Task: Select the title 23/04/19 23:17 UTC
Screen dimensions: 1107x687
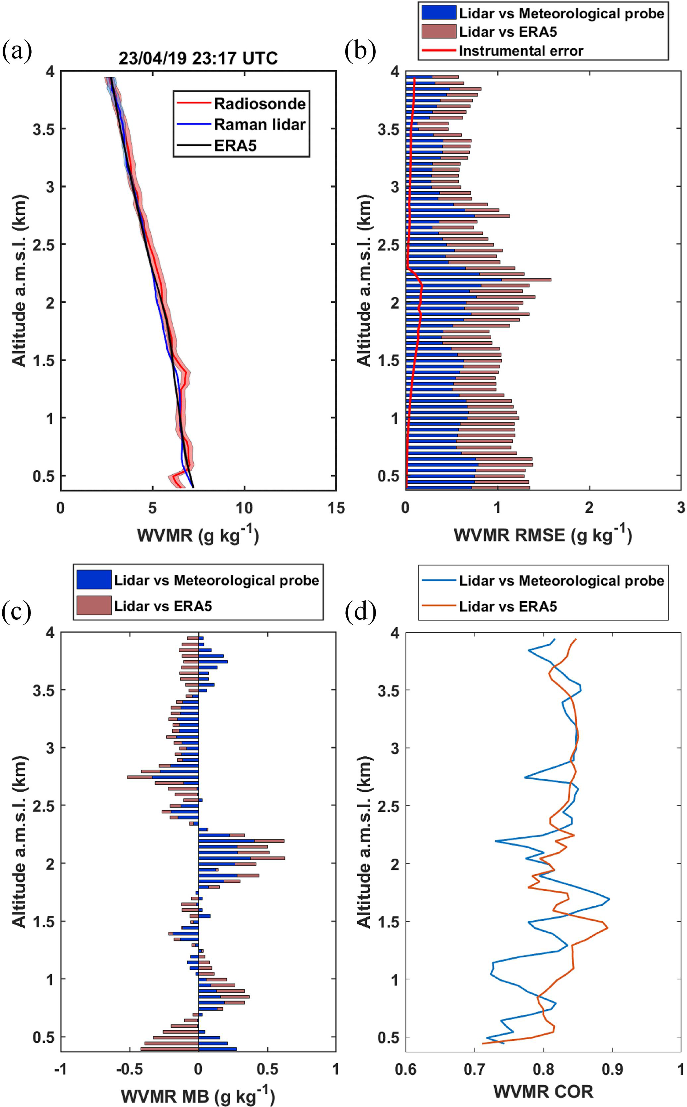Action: tap(198, 59)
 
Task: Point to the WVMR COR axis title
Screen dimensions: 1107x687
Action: tap(543, 1091)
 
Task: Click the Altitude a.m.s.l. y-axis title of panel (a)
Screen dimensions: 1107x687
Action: tap(19, 280)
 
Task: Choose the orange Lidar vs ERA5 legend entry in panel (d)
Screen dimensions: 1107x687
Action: tap(508, 606)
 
